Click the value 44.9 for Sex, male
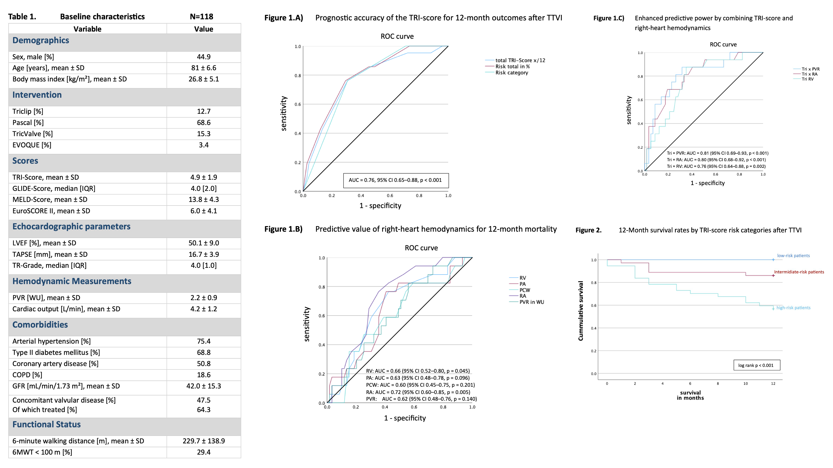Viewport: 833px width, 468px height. pos(203,57)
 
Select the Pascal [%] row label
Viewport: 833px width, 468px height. pos(28,123)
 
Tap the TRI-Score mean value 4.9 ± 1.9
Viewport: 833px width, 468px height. pos(203,177)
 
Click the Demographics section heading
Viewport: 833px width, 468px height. pos(40,41)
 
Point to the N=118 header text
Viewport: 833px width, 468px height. pos(201,17)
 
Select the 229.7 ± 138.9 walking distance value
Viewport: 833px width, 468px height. pos(203,441)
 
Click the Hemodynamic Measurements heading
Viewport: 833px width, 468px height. pos(72,281)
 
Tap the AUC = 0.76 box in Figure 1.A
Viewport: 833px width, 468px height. pos(396,180)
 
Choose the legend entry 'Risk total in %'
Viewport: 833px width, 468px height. pos(512,66)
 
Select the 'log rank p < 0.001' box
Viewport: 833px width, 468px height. pos(756,365)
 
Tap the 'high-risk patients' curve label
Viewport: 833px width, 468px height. pos(793,308)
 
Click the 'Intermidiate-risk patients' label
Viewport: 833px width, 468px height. pos(799,272)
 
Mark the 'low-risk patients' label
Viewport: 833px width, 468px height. pos(793,256)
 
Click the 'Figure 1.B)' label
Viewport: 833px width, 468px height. pos(283,229)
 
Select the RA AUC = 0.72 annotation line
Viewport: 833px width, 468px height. pos(418,392)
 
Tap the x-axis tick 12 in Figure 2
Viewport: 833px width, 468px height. pos(773,383)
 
